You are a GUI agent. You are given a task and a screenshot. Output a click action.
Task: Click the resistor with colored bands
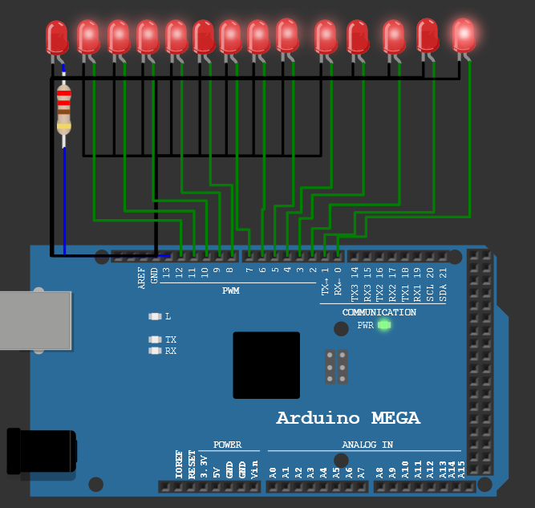click(x=63, y=112)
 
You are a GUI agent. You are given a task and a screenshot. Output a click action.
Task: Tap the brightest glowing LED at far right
click(x=464, y=35)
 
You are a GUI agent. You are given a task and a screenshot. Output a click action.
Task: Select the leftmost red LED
click(x=57, y=37)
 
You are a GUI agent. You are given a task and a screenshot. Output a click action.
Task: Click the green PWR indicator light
click(x=383, y=325)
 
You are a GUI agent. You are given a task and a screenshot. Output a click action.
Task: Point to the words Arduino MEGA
click(x=348, y=418)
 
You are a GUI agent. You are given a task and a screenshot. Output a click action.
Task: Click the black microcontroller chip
click(x=266, y=365)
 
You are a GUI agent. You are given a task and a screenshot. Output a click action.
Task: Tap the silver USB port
click(x=32, y=321)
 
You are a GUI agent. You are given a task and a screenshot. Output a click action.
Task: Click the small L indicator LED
click(x=155, y=316)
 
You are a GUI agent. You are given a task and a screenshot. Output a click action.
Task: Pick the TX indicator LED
click(x=155, y=339)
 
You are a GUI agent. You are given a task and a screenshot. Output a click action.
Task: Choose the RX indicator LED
click(x=155, y=351)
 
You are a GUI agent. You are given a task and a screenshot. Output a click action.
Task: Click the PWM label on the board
click(x=231, y=291)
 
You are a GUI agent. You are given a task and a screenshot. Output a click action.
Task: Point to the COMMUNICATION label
click(x=379, y=312)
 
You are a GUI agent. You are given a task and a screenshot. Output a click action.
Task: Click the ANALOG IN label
click(x=367, y=445)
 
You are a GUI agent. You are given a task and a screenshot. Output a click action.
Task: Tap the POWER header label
click(x=227, y=445)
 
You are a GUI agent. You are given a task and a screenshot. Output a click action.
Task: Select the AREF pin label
click(x=142, y=277)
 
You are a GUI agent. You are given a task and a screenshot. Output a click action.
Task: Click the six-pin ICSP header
click(x=336, y=367)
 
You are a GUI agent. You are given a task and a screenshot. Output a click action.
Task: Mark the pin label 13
click(x=166, y=273)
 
